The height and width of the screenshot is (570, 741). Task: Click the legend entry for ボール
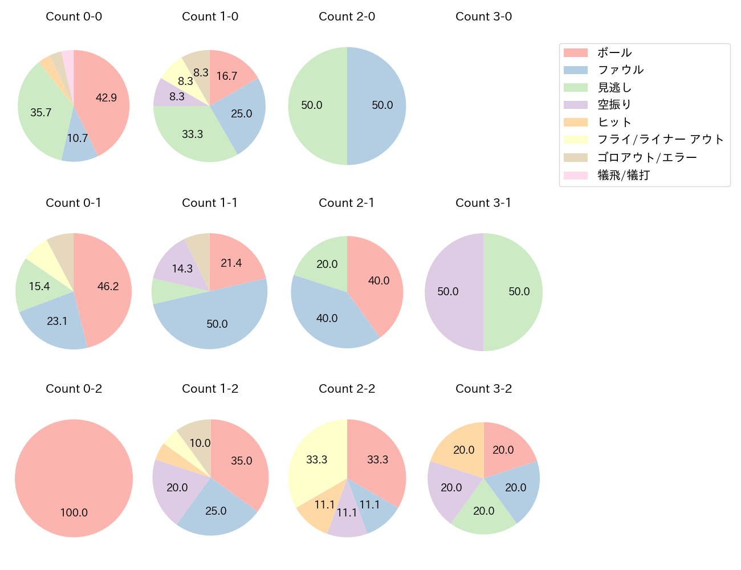point(614,53)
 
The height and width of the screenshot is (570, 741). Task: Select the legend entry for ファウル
point(620,70)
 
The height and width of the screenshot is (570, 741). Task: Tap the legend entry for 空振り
point(614,105)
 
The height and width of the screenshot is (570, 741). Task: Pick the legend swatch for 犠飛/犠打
point(576,175)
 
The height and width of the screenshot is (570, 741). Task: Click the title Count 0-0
point(74,17)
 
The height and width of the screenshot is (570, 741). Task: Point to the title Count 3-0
point(483,17)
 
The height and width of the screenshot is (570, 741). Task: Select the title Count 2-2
point(347,389)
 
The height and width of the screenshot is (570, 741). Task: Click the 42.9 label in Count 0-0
point(106,98)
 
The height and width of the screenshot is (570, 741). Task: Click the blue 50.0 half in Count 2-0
point(379,105)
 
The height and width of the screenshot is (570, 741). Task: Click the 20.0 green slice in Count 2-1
point(325,262)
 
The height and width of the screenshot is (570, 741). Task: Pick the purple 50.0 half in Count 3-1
point(450,292)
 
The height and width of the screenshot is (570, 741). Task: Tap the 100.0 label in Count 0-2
point(74,512)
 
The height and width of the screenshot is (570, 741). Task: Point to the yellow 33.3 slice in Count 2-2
point(315,462)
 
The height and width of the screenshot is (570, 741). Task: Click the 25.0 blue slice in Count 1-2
point(215,509)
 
